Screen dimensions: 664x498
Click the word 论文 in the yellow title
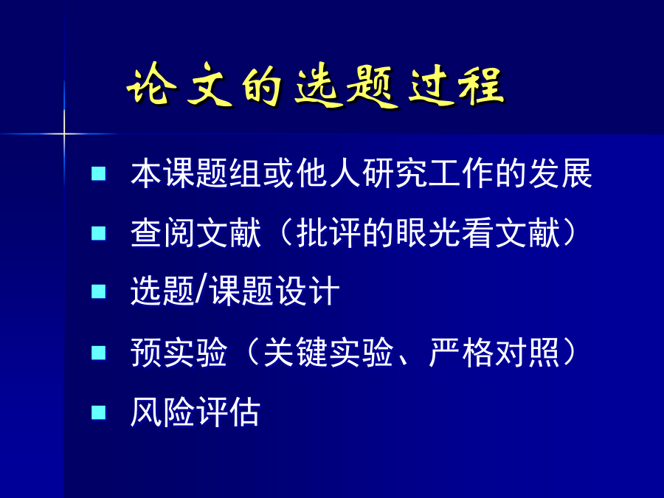click(x=181, y=85)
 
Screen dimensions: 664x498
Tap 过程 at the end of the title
click(x=457, y=85)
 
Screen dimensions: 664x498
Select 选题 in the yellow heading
click(x=347, y=86)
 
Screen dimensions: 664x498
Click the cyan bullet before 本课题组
click(x=99, y=173)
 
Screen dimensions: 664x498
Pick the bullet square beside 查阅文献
click(x=99, y=233)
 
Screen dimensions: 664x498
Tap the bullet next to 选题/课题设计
click(x=99, y=291)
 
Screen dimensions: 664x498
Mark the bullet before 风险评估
click(x=99, y=412)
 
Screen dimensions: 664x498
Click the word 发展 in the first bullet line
click(x=560, y=173)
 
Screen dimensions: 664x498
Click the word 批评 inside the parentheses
click(x=328, y=233)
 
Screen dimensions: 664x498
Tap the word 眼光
click(x=428, y=233)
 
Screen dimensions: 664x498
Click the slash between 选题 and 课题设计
click(x=201, y=291)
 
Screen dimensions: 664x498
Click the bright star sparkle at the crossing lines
click(x=64, y=134)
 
